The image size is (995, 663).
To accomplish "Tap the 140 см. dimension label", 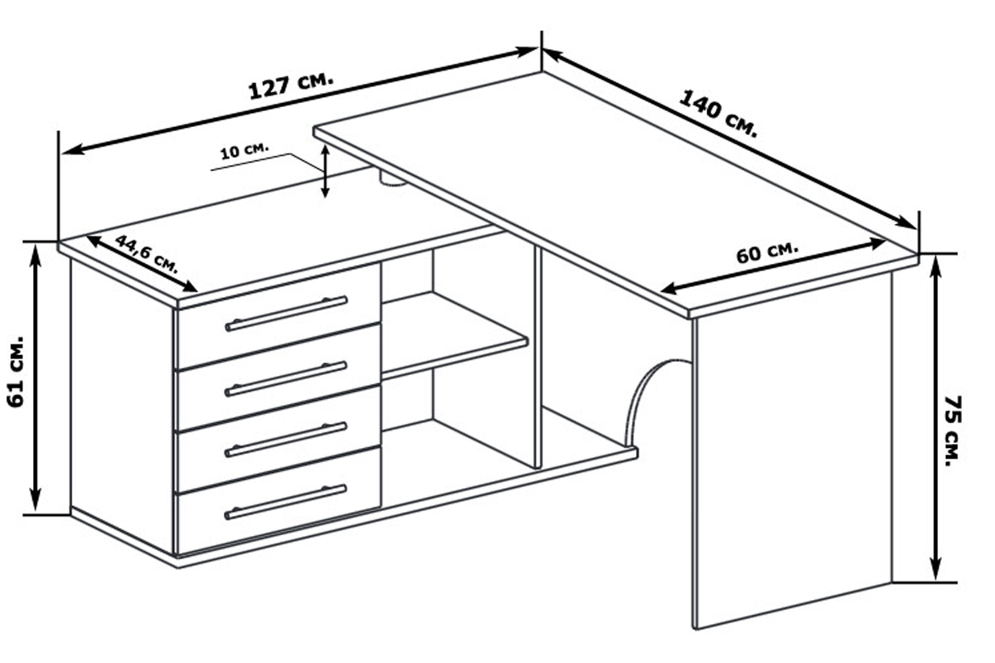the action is click(717, 114).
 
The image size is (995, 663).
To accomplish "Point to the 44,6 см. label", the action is click(147, 254).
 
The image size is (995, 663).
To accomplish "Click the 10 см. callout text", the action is click(245, 151).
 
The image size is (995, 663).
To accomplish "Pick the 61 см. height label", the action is click(16, 372).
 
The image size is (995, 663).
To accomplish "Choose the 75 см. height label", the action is click(953, 431).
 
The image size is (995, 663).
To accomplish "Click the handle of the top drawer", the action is click(286, 314).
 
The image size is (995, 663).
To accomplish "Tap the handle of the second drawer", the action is click(286, 379).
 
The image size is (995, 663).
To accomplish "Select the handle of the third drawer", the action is click(286, 440).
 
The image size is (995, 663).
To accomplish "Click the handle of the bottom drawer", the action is click(286, 502).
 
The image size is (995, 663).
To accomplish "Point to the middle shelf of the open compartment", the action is click(454, 336).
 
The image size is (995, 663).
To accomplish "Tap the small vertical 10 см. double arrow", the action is click(325, 171).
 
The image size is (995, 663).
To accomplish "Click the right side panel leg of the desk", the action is click(793, 449).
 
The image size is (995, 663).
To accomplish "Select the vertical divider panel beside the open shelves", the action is click(538, 357).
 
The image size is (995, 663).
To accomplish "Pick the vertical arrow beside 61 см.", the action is click(36, 378).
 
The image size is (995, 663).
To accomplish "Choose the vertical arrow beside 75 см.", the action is click(935, 418).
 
